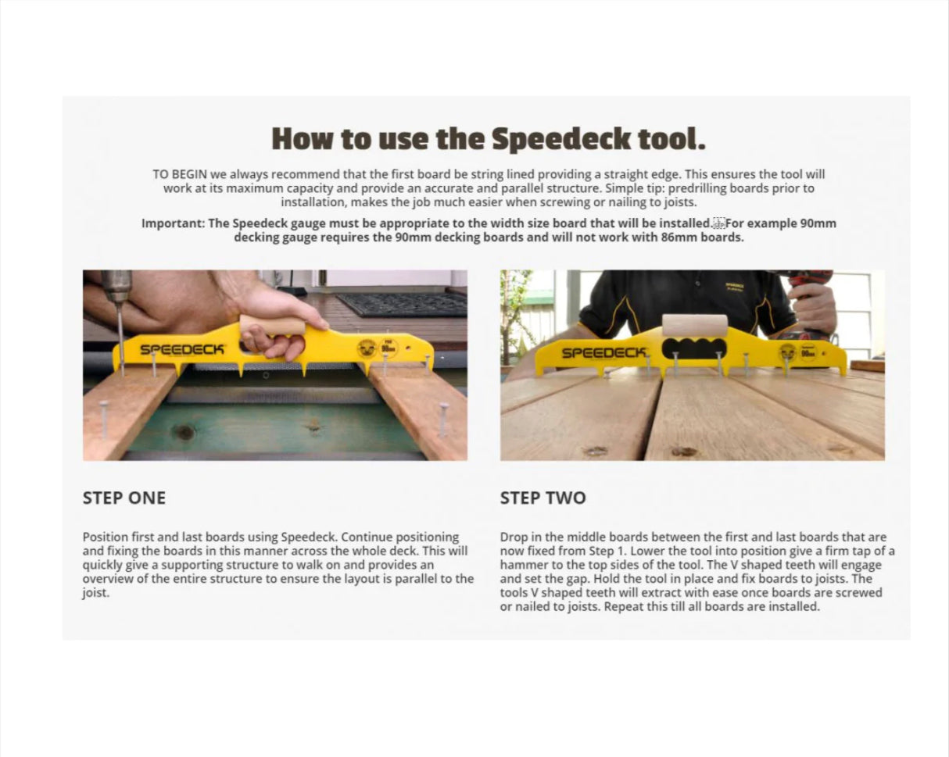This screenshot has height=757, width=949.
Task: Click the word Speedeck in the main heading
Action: pyautogui.click(x=560, y=139)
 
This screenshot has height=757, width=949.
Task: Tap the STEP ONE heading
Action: pyautogui.click(x=124, y=498)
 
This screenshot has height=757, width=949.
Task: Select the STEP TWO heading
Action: pyautogui.click(x=543, y=498)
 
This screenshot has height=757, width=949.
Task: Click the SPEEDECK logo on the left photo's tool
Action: pyautogui.click(x=182, y=349)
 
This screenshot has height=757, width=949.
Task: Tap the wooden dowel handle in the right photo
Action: pyautogui.click(x=694, y=325)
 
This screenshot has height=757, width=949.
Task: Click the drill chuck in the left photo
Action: pyautogui.click(x=117, y=290)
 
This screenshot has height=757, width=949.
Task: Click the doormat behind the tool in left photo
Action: pyautogui.click(x=402, y=303)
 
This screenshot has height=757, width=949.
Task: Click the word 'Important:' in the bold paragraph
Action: pyautogui.click(x=173, y=223)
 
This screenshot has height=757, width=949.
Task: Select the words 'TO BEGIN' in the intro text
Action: pyautogui.click(x=179, y=174)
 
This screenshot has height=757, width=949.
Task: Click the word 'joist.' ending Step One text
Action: pyautogui.click(x=96, y=593)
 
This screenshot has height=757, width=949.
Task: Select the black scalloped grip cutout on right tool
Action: pyautogui.click(x=694, y=349)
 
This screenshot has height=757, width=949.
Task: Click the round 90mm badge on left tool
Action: pyautogui.click(x=389, y=348)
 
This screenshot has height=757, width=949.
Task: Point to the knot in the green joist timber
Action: pyautogui.click(x=184, y=432)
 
